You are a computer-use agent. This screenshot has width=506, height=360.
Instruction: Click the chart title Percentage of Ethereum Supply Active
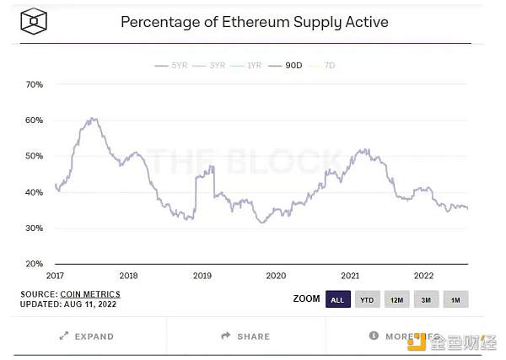[255, 21]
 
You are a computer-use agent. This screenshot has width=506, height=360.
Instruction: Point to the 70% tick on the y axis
[35, 84]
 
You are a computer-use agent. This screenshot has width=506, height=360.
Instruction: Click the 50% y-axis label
[35, 156]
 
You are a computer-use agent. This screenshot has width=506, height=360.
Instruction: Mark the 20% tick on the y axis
[35, 264]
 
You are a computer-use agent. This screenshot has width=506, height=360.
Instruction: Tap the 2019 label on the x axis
[202, 275]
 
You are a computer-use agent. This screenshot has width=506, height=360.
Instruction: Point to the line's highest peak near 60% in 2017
[93, 119]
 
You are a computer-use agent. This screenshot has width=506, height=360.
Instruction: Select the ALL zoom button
[337, 299]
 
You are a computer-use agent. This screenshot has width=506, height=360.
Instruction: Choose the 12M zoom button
[396, 299]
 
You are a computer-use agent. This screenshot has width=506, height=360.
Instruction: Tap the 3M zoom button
[425, 299]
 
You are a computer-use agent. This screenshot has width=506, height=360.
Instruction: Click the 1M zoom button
[455, 299]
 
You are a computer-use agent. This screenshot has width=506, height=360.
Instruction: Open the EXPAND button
[87, 336]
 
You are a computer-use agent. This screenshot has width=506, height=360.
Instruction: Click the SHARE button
[245, 336]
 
